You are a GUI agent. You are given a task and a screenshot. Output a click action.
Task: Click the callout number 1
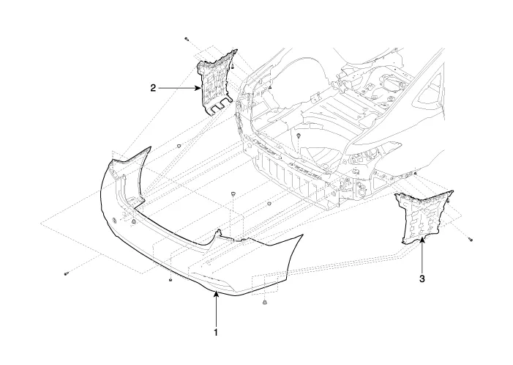(216, 332)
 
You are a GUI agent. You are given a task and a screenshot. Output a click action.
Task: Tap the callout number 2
(153, 88)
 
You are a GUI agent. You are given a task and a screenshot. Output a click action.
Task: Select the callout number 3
(422, 278)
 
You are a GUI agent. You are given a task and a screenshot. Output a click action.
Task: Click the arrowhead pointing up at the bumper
(216, 294)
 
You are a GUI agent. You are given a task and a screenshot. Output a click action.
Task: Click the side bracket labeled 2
(218, 81)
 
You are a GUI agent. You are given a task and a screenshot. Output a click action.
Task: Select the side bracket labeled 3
(415, 216)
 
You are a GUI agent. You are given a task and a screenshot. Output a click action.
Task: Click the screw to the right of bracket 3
(472, 240)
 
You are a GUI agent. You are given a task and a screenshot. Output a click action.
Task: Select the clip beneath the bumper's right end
(264, 303)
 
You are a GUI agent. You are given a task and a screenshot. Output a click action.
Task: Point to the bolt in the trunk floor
(300, 137)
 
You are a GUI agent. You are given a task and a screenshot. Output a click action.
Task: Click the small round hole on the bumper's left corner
(114, 220)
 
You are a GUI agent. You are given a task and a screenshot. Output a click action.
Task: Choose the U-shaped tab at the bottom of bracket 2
(218, 108)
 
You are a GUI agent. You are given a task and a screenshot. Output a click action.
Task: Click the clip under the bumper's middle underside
(170, 279)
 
